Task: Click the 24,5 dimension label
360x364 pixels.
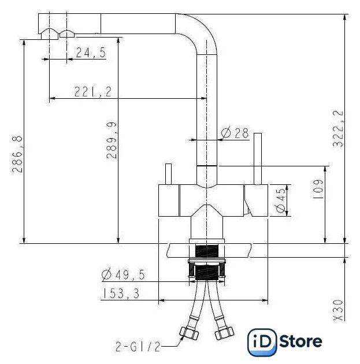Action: [x=91, y=53]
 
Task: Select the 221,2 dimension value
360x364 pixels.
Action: [x=93, y=91]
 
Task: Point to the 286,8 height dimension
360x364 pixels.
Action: [x=17, y=154]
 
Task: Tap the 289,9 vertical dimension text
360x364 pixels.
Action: [x=112, y=140]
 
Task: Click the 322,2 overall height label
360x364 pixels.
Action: [x=337, y=128]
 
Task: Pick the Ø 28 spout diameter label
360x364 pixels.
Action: [x=235, y=133]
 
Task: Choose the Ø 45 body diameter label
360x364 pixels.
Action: [x=281, y=200]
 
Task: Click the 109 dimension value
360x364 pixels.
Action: [x=318, y=189]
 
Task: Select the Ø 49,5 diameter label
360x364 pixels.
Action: [x=123, y=274]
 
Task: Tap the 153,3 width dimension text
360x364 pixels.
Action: [x=121, y=294]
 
